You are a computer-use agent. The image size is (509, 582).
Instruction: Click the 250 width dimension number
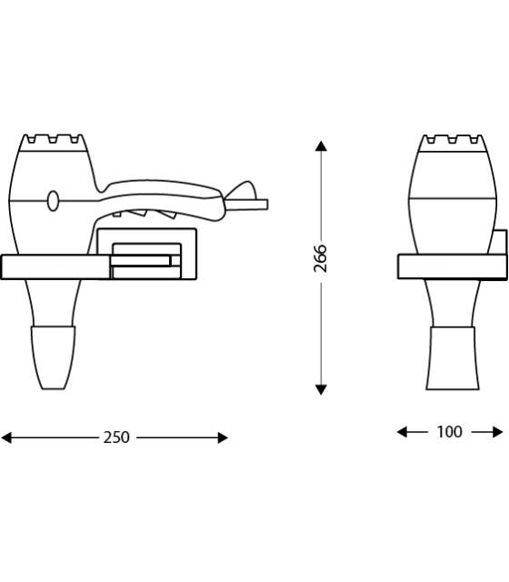click(x=116, y=437)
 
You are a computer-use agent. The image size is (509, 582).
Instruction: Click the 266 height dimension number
click(x=320, y=258)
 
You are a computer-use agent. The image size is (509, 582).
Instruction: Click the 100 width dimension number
click(x=449, y=432)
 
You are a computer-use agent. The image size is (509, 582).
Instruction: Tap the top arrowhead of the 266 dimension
click(x=321, y=145)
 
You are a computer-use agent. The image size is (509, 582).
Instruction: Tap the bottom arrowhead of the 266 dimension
click(x=321, y=389)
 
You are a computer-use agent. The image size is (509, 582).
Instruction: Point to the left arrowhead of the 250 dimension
click(x=6, y=437)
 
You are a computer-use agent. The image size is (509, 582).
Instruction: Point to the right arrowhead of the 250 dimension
click(x=223, y=437)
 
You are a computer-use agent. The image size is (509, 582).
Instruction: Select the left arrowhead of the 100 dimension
click(x=402, y=432)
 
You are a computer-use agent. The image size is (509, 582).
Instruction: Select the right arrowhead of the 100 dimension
click(x=498, y=432)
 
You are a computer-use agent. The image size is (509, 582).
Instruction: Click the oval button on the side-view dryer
click(x=53, y=201)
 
